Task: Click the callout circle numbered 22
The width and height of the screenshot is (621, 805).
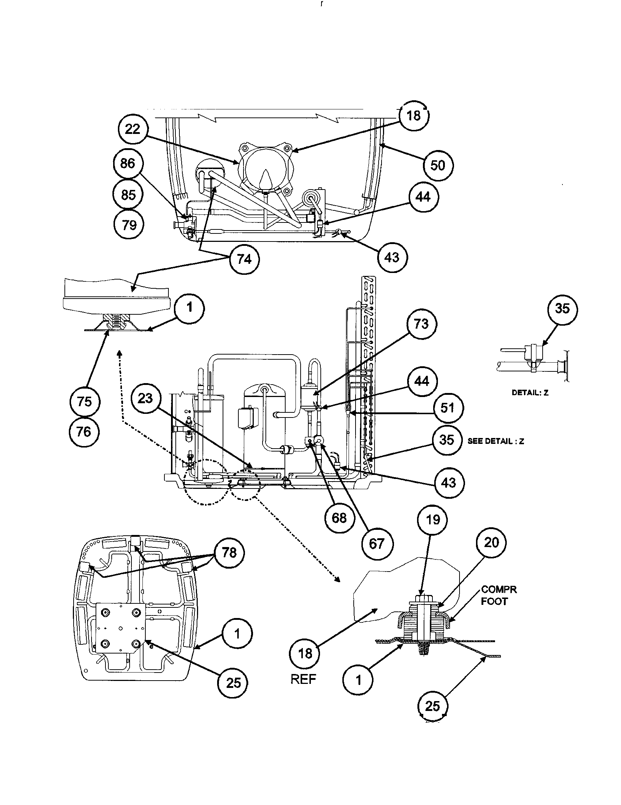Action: [133, 130]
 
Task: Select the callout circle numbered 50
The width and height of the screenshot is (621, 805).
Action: [438, 165]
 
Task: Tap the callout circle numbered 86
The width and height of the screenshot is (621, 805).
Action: [127, 163]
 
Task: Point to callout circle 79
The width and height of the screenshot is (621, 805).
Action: [129, 225]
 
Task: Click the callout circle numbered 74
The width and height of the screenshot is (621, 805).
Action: [244, 259]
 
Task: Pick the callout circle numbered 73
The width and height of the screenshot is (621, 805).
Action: [421, 324]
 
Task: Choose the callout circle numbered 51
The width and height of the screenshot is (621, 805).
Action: [447, 408]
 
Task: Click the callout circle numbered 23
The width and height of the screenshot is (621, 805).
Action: [145, 398]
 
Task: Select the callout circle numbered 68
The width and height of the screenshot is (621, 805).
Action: [339, 518]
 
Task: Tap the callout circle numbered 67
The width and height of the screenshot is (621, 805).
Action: [376, 543]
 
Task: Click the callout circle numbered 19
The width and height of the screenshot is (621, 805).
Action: [432, 520]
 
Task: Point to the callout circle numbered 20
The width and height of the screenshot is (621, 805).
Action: [491, 542]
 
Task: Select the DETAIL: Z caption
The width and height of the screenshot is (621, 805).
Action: [530, 393]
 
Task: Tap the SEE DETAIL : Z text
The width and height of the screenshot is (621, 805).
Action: [496, 441]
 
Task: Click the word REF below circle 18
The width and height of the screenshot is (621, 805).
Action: [304, 680]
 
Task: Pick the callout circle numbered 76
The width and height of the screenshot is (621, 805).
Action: [84, 431]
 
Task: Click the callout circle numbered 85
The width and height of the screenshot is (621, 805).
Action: [128, 194]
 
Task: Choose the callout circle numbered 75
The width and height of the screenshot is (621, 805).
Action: [85, 401]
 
